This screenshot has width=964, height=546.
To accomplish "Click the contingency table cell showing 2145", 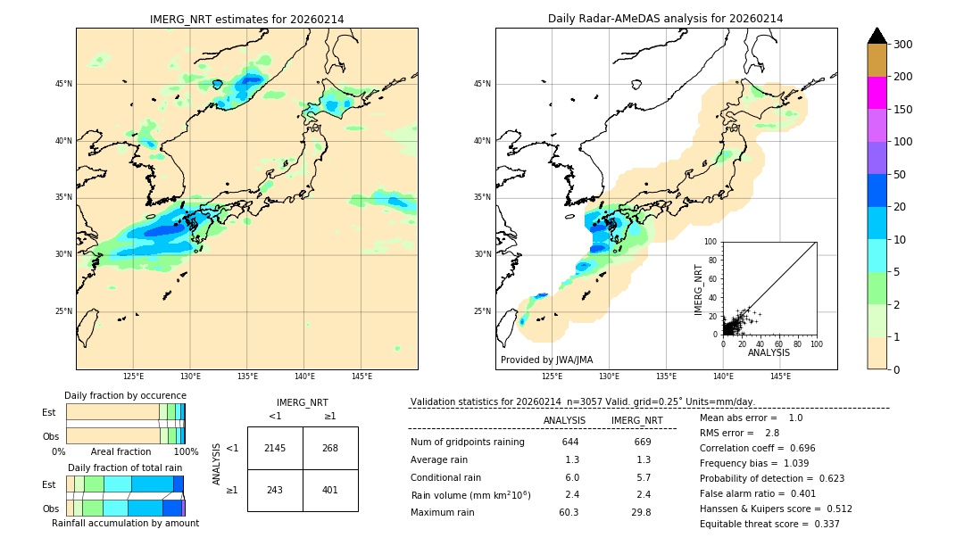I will coord(275,448).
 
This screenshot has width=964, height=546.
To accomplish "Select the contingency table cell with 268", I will coord(330,448).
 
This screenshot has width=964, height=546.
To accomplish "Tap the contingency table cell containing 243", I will coord(275,490).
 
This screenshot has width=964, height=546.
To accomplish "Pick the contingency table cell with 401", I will coord(330,490).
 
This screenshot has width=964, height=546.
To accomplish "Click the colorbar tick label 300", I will coord(902,45).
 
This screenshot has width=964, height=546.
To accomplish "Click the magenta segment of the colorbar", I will coord(877,93).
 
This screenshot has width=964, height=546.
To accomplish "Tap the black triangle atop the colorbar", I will coord(877,36).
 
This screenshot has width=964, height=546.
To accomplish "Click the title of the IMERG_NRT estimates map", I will coord(246,19).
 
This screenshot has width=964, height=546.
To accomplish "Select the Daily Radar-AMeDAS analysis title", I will coord(665,19).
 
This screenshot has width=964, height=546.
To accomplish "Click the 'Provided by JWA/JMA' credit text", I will coord(546,360).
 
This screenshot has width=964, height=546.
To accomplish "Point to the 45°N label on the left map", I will coord(63,84).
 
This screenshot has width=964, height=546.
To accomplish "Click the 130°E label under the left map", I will coord(190,377).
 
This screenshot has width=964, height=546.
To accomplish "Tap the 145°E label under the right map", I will coord(780,377).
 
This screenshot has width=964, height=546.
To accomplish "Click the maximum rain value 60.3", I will coord(569,512).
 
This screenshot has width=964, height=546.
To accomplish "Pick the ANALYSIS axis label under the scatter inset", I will coord(769,353).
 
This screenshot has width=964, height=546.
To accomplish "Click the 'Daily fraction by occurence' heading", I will coord(125,395).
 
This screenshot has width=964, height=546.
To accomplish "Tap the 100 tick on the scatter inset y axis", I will coord(712,242).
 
